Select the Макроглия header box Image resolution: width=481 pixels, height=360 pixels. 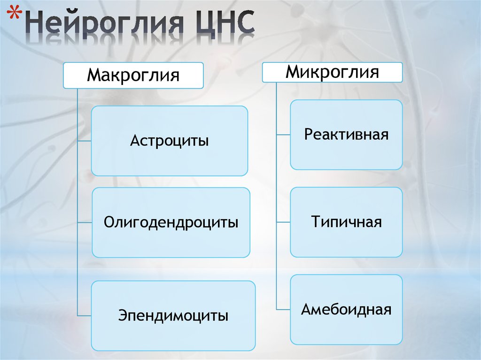(x=133, y=75)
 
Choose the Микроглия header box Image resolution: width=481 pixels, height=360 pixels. (x=332, y=72)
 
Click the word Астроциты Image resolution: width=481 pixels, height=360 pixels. (x=169, y=141)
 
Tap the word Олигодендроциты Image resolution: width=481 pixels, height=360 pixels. (x=171, y=222)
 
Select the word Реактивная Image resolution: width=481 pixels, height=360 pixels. (x=346, y=135)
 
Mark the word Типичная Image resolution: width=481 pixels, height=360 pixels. (x=346, y=222)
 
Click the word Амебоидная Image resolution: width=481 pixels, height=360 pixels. (x=346, y=310)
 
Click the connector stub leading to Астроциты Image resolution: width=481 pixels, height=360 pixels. (x=84, y=141)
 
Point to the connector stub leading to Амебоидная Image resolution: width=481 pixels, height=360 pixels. (x=283, y=310)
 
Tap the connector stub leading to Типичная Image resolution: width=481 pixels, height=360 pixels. (x=283, y=222)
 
